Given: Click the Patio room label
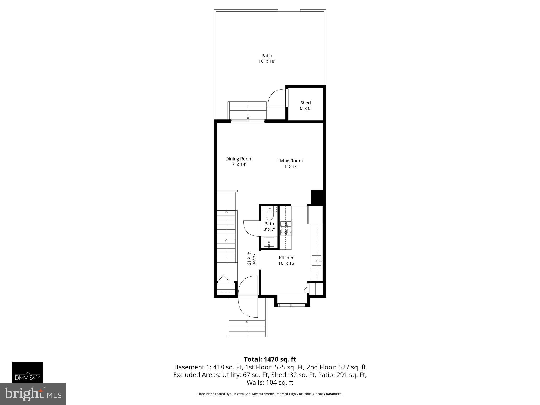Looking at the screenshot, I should (267, 56).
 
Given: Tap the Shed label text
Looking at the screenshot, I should (305, 103).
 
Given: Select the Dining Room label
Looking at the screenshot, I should (239, 159).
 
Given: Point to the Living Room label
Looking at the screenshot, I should (290, 161).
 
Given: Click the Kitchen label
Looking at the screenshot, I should (287, 258).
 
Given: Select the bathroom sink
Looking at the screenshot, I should (269, 242).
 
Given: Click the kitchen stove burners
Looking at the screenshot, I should (286, 228).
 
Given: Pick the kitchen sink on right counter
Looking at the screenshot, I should (316, 260).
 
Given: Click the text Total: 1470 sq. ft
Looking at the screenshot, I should (270, 359).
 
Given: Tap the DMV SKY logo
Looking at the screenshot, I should (27, 372).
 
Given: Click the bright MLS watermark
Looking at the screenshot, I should (33, 394).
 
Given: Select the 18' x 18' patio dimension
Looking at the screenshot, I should (267, 61).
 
